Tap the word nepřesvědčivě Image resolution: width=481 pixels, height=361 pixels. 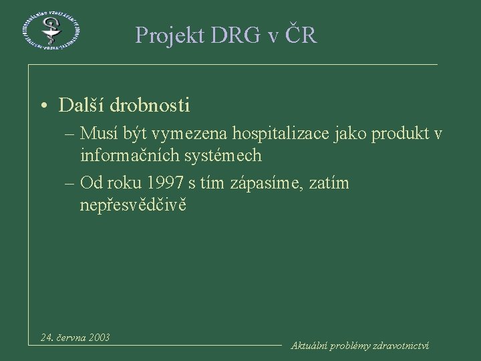[x=133, y=205]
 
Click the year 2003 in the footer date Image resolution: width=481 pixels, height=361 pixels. [x=98, y=337]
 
